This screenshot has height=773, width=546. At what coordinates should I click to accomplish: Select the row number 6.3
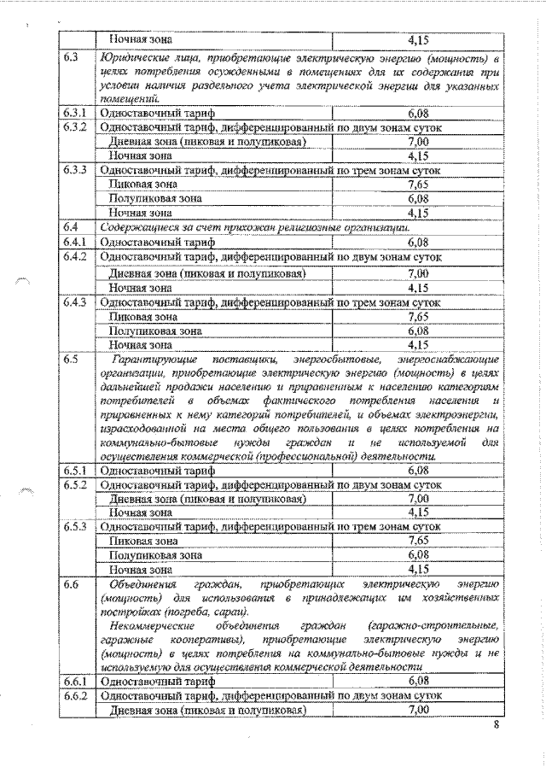click(x=72, y=58)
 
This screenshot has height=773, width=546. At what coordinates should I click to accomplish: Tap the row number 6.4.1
click(x=76, y=242)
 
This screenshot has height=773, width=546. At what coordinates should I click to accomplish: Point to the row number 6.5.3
click(x=76, y=527)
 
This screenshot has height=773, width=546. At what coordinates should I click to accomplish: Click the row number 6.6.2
click(x=76, y=695)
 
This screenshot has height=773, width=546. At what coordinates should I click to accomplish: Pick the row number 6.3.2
click(x=76, y=127)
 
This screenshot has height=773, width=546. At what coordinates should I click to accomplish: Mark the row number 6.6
click(x=72, y=583)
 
